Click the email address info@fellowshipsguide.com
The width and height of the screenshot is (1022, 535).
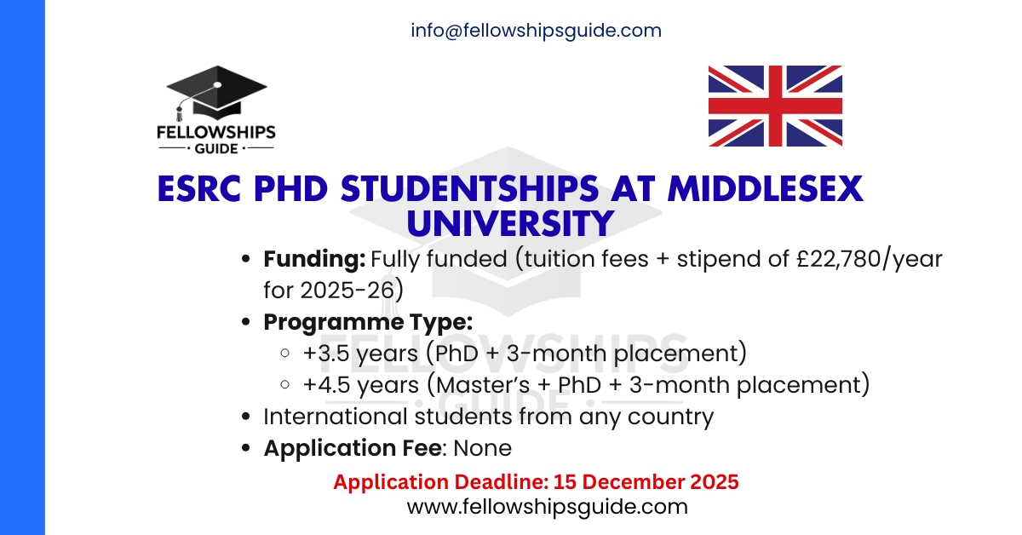tap(536, 31)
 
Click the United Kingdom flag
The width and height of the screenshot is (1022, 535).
tap(775, 105)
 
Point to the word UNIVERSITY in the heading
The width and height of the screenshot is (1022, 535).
tap(510, 223)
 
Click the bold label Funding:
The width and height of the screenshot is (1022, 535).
tap(314, 259)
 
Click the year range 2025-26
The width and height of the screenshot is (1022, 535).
tap(349, 291)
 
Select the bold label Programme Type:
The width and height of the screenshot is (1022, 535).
tap(368, 323)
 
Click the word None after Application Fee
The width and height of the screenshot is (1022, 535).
tap(483, 448)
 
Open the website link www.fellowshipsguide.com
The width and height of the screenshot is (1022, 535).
tap(547, 507)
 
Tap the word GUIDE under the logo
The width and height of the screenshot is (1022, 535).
tap(216, 148)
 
